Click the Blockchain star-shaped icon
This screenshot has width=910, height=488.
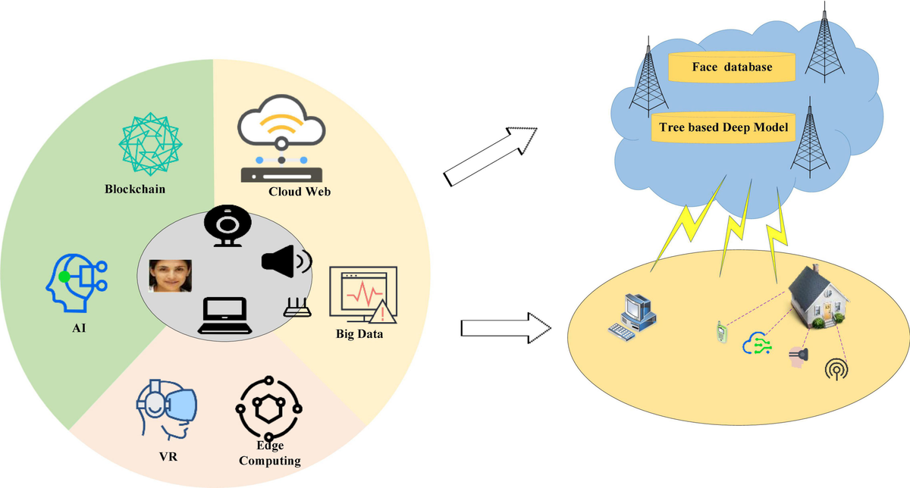pos(150,144)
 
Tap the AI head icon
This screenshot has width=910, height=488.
pos(77,283)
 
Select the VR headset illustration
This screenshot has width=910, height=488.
pos(167,409)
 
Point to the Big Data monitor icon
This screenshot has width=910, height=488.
pos(362,295)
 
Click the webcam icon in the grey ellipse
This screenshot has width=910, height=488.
pos(227,226)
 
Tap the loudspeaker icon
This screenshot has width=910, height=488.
pos(287,261)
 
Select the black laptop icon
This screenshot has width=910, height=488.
pos(224,315)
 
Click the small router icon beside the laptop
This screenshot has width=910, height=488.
pos(297,307)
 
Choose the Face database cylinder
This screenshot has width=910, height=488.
pos(732,67)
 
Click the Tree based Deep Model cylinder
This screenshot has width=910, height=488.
pos(723,127)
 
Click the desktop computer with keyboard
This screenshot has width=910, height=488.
pos(632,317)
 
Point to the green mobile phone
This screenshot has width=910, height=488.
pos(721,332)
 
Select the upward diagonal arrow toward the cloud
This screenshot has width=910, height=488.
pos(491,157)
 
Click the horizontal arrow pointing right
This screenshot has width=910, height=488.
pos(506,328)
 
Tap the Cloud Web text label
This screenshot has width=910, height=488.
pos(300,192)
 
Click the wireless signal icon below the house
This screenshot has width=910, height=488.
pos(836,369)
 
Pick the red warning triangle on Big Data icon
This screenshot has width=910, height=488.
pos(383,312)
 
